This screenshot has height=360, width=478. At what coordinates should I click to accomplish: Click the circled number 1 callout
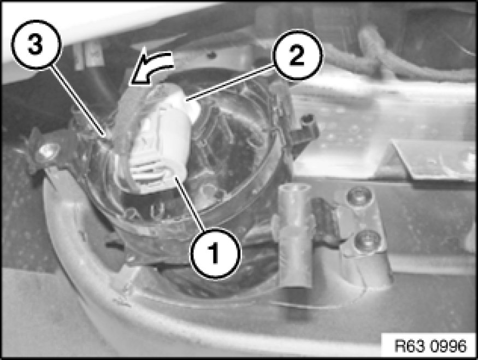coord(215,253)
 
